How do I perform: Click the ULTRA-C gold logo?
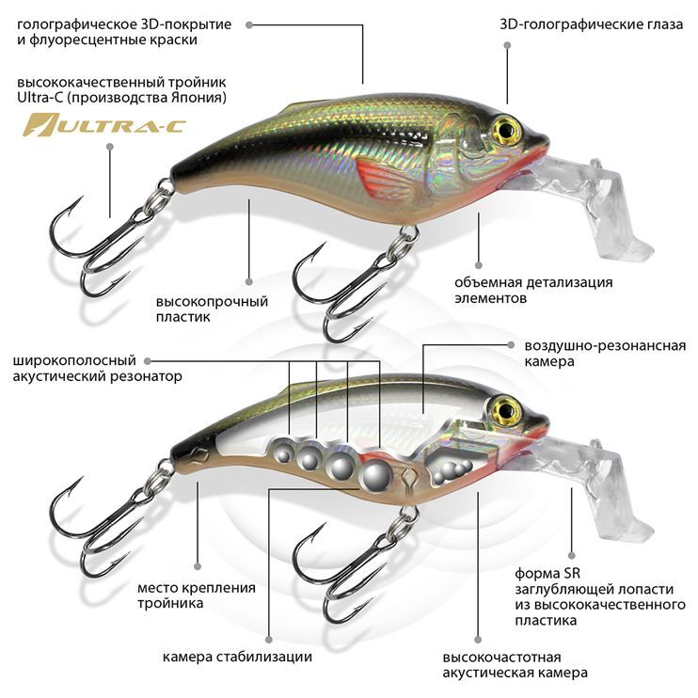point(104,125)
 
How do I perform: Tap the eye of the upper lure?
point(507,128)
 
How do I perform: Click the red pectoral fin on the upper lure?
point(382,178)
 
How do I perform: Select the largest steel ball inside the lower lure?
point(377,475)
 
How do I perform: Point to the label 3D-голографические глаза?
point(591,24)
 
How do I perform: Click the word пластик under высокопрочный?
point(182,317)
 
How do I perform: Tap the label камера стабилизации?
point(237,657)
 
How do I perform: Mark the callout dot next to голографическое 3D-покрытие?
point(249,24)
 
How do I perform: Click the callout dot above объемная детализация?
point(479,265)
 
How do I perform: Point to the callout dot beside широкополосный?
point(148,361)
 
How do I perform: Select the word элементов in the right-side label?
point(490,298)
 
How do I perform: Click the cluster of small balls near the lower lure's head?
point(452,471)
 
